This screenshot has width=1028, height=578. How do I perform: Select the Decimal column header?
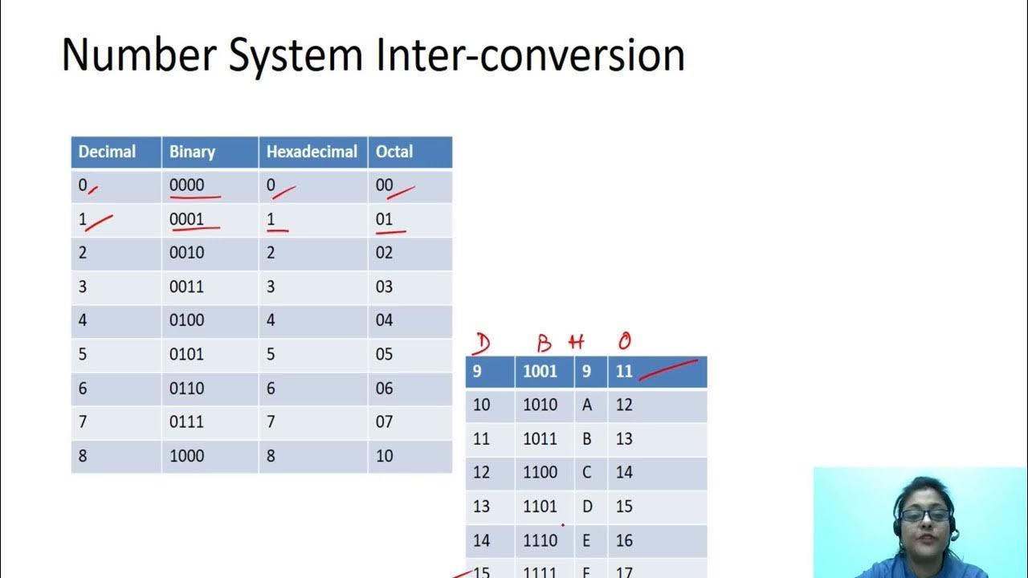point(107,152)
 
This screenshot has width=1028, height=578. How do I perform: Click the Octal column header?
point(394,152)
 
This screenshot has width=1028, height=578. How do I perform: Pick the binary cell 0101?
point(186,354)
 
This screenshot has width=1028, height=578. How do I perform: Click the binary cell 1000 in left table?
point(186,456)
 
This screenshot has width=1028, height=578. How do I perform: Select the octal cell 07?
point(385,421)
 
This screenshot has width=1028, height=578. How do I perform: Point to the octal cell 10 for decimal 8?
point(385,456)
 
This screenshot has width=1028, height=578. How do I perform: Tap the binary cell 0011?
point(186,287)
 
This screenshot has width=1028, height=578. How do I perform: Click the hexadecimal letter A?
point(587,405)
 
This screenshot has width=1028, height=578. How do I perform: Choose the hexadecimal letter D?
point(587,507)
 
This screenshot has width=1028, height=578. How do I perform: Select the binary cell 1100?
point(540,473)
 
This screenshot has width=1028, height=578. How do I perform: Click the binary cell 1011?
point(540,439)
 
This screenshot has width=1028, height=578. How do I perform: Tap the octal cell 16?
point(624,541)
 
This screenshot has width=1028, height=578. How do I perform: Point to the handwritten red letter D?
point(481,344)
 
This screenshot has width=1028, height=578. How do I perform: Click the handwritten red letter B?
point(545,344)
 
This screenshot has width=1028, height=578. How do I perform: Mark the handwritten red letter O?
point(624,343)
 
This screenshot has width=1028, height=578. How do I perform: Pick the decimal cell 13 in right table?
point(481,507)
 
